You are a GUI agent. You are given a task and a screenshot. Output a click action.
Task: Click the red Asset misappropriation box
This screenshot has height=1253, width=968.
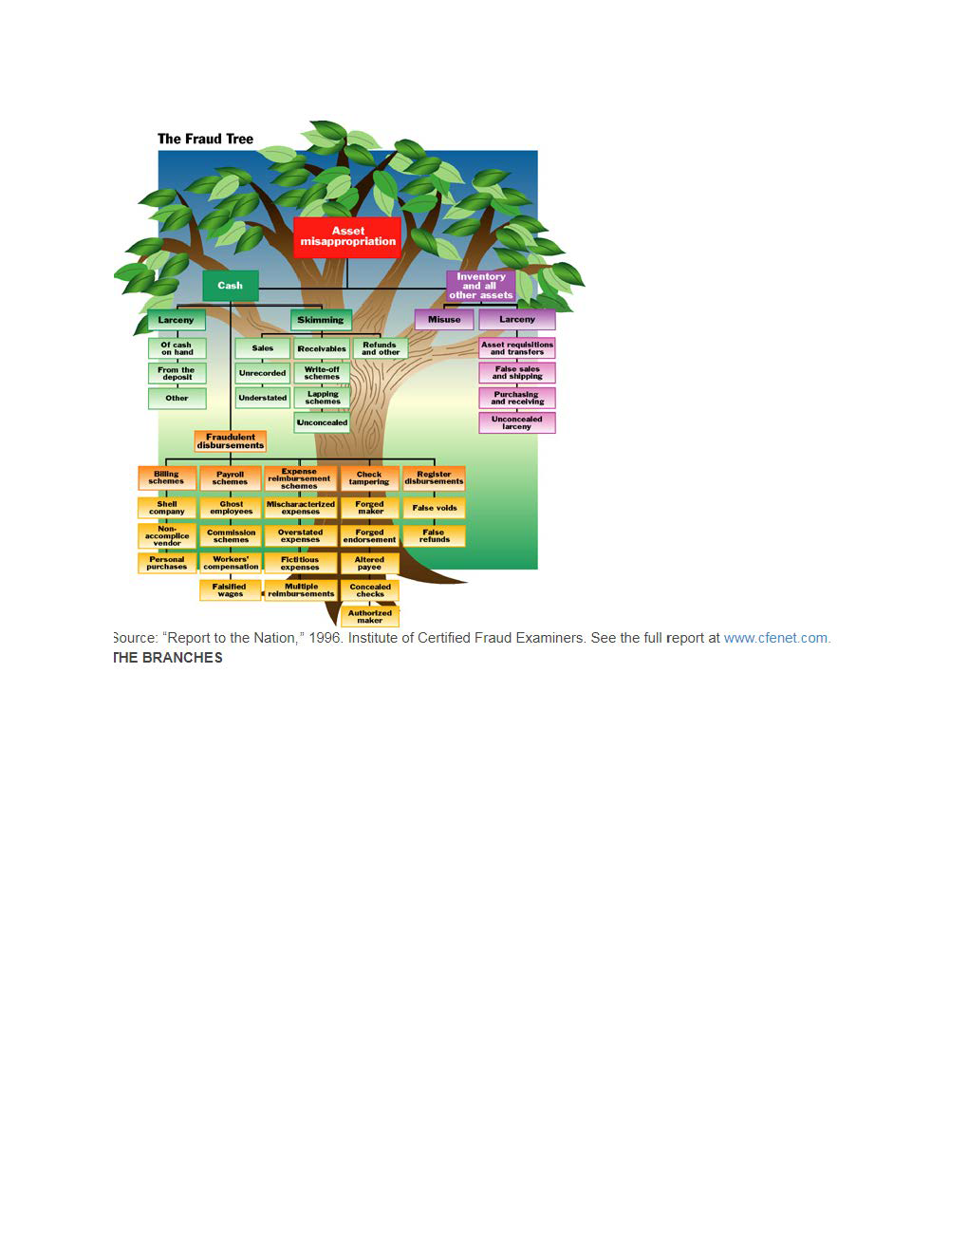pos(347,236)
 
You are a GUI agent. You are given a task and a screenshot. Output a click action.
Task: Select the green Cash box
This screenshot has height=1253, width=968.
pos(231,285)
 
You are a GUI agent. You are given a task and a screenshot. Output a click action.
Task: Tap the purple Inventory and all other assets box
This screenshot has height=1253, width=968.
pos(480,286)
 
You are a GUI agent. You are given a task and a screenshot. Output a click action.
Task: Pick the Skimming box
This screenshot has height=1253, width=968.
pos(321,320)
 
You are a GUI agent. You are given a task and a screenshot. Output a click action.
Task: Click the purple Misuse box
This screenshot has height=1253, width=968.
pos(443,320)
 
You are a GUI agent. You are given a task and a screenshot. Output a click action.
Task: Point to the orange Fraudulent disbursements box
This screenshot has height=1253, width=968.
pos(231,441)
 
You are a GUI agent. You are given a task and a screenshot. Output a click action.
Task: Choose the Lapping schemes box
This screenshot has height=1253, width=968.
pos(322,398)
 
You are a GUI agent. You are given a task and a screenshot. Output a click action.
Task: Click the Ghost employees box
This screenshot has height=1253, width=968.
pos(231,508)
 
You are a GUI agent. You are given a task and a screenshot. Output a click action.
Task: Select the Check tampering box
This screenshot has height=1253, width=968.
pos(369,478)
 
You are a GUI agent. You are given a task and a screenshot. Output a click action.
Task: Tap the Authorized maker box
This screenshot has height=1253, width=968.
pos(369,617)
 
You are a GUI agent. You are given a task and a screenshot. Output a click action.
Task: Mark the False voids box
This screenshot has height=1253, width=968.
pos(434,508)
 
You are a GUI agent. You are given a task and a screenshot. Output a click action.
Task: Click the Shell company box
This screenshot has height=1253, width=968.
pos(167,508)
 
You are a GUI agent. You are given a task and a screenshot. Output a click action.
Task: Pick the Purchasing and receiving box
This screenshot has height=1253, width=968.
pos(517,398)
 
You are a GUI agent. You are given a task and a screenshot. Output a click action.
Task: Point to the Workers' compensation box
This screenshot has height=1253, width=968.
pos(231,563)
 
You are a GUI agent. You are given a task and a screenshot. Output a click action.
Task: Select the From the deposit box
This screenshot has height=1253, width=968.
pos(177,373)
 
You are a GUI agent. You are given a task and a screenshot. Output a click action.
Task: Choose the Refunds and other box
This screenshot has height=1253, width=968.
pos(380,348)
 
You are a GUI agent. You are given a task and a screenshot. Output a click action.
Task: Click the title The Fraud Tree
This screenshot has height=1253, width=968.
pos(205,139)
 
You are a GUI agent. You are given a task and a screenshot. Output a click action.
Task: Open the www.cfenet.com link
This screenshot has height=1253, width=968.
pos(776,638)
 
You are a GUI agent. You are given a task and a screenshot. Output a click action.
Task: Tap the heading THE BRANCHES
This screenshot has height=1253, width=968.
pos(168,658)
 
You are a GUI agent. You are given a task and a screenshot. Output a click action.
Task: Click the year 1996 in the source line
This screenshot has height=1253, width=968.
pos(325,638)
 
